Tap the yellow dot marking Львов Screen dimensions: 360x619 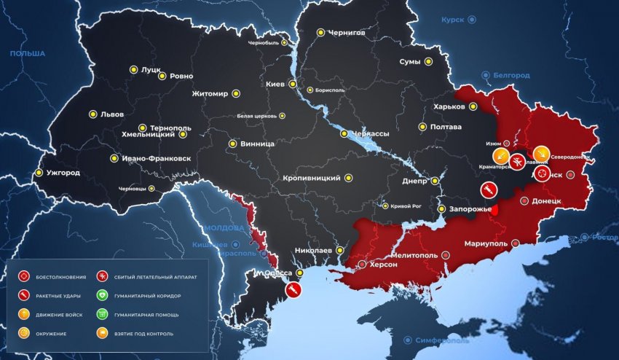tap(92, 114)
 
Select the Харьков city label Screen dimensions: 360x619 tap(449, 106)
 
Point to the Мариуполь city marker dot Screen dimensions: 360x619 tap(516, 243)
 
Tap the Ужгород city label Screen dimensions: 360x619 tap(63, 173)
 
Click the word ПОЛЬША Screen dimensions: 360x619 tap(27, 53)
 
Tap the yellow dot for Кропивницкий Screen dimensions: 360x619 tap(348, 178)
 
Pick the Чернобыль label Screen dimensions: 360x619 tap(264, 43)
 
